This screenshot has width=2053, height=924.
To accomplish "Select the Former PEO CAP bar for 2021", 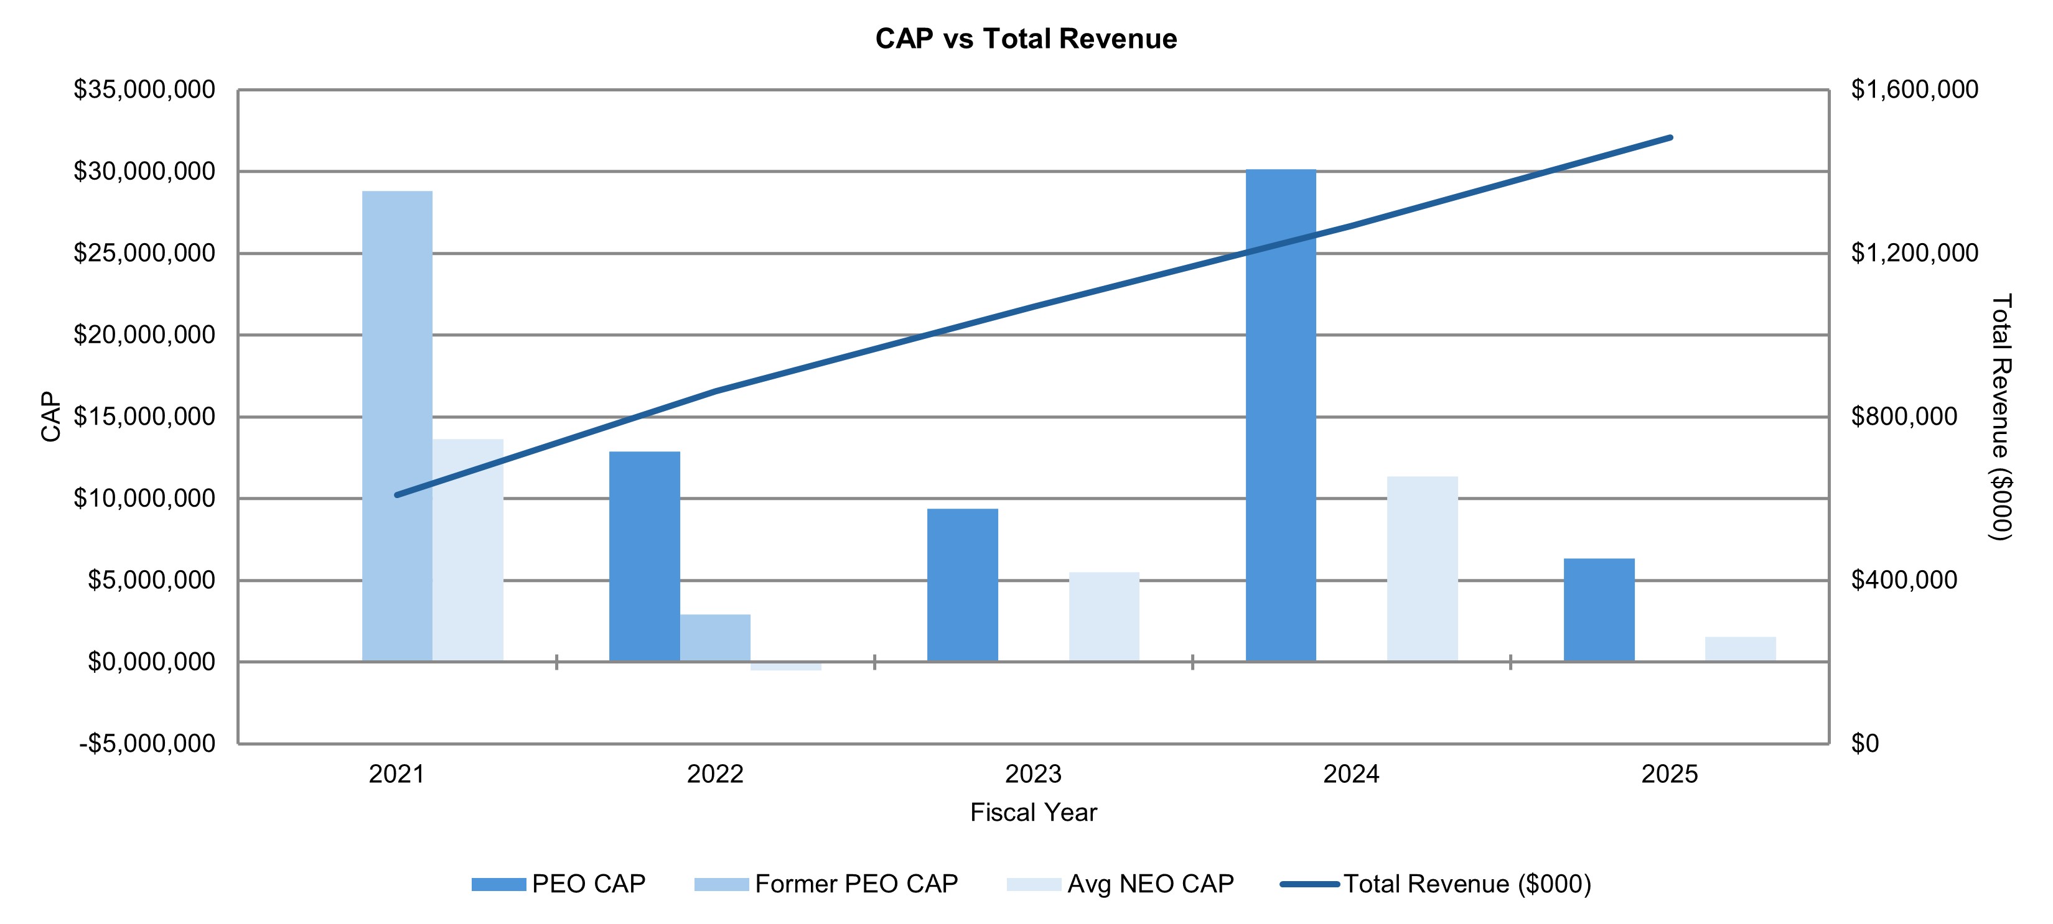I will coord(397,426).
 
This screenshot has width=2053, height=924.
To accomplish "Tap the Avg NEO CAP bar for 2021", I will coord(468,550).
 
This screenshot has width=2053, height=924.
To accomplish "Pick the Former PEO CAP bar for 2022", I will coord(715,637).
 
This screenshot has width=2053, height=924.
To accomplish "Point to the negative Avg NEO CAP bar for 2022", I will coord(786,666).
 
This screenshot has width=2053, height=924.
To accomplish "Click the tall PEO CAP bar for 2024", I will coord(1280,415).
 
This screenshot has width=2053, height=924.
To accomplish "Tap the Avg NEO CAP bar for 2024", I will coord(1422,569).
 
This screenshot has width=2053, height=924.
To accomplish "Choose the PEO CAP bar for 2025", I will coord(1599,609).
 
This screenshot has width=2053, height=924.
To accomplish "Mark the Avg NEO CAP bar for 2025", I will coord(1741,649).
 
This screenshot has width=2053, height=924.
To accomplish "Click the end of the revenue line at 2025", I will coord(1670,138).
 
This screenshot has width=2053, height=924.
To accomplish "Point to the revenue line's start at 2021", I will coord(397,495).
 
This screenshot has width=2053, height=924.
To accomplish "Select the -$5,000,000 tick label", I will coord(147,743).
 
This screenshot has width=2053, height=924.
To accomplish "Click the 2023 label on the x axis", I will coord(1033,774).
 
